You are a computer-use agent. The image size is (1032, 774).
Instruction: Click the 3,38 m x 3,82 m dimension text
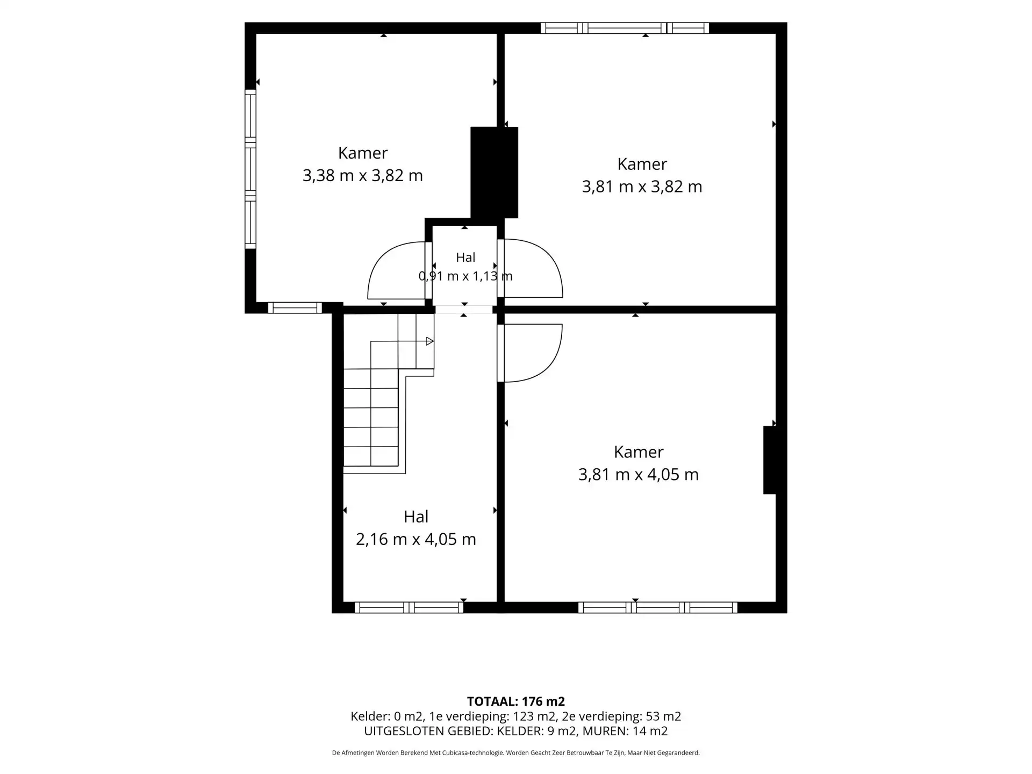coord(363,176)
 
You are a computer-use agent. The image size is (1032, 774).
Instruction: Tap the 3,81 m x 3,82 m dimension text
coord(642,187)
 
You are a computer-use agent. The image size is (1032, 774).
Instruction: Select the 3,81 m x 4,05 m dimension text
coord(639,475)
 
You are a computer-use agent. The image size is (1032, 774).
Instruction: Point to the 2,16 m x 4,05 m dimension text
coord(416,539)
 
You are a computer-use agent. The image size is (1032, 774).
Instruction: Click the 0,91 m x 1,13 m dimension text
coord(465,276)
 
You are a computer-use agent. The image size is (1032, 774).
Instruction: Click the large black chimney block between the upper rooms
coord(494,173)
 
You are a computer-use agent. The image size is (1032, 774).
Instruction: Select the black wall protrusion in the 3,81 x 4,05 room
coord(770,460)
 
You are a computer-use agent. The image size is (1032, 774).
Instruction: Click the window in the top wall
coord(625,28)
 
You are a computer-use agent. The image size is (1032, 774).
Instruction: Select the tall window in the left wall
coord(250,169)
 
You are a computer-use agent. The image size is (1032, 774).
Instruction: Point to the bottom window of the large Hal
coord(408,607)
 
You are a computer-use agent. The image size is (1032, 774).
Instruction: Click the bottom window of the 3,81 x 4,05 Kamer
coord(658,607)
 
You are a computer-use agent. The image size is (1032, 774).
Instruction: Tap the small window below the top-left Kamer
coord(295,308)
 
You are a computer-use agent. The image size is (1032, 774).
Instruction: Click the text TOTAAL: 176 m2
coord(516,701)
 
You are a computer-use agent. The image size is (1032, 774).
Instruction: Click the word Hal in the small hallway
coord(465,257)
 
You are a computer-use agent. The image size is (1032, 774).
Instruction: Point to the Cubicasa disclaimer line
coord(516,753)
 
